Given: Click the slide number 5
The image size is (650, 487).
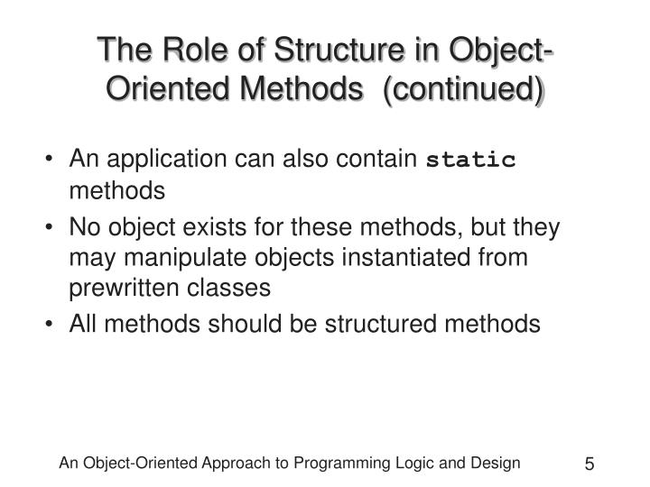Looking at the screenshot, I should click(x=589, y=465).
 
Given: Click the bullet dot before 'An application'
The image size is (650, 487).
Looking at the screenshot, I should click(x=57, y=161).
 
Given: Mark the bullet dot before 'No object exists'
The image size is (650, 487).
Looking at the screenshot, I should click(x=57, y=227).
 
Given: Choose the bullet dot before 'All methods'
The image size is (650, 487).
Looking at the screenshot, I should click(x=57, y=325).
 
